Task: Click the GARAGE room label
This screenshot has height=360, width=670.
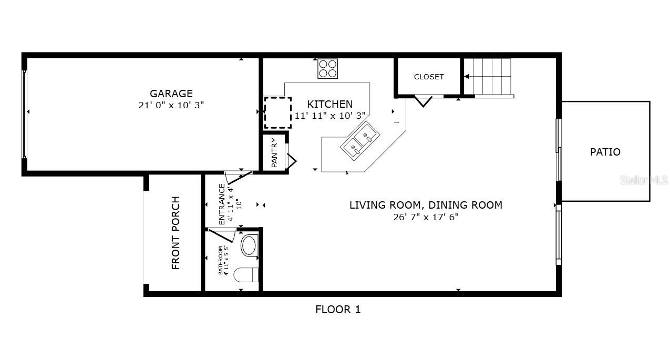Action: (x=171, y=94)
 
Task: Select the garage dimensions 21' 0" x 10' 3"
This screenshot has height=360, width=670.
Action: (x=171, y=105)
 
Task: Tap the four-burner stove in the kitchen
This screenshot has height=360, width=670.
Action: (x=327, y=68)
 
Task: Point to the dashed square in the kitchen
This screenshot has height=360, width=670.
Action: (x=277, y=113)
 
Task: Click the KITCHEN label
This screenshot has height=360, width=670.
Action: (x=330, y=104)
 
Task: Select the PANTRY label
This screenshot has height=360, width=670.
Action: (x=274, y=153)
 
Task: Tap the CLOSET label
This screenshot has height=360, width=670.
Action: (x=429, y=77)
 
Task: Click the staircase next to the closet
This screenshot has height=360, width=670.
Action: (x=492, y=77)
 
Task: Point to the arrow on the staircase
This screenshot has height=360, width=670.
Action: (x=467, y=77)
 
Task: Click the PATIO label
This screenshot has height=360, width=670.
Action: (x=605, y=152)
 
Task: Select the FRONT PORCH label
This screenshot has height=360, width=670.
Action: (x=176, y=233)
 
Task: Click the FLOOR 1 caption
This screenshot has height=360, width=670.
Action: (x=338, y=310)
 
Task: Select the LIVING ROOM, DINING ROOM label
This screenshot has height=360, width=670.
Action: (x=426, y=205)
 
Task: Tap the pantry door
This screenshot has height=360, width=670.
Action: (x=292, y=160)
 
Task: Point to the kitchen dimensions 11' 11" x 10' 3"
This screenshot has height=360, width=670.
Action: (x=330, y=116)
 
